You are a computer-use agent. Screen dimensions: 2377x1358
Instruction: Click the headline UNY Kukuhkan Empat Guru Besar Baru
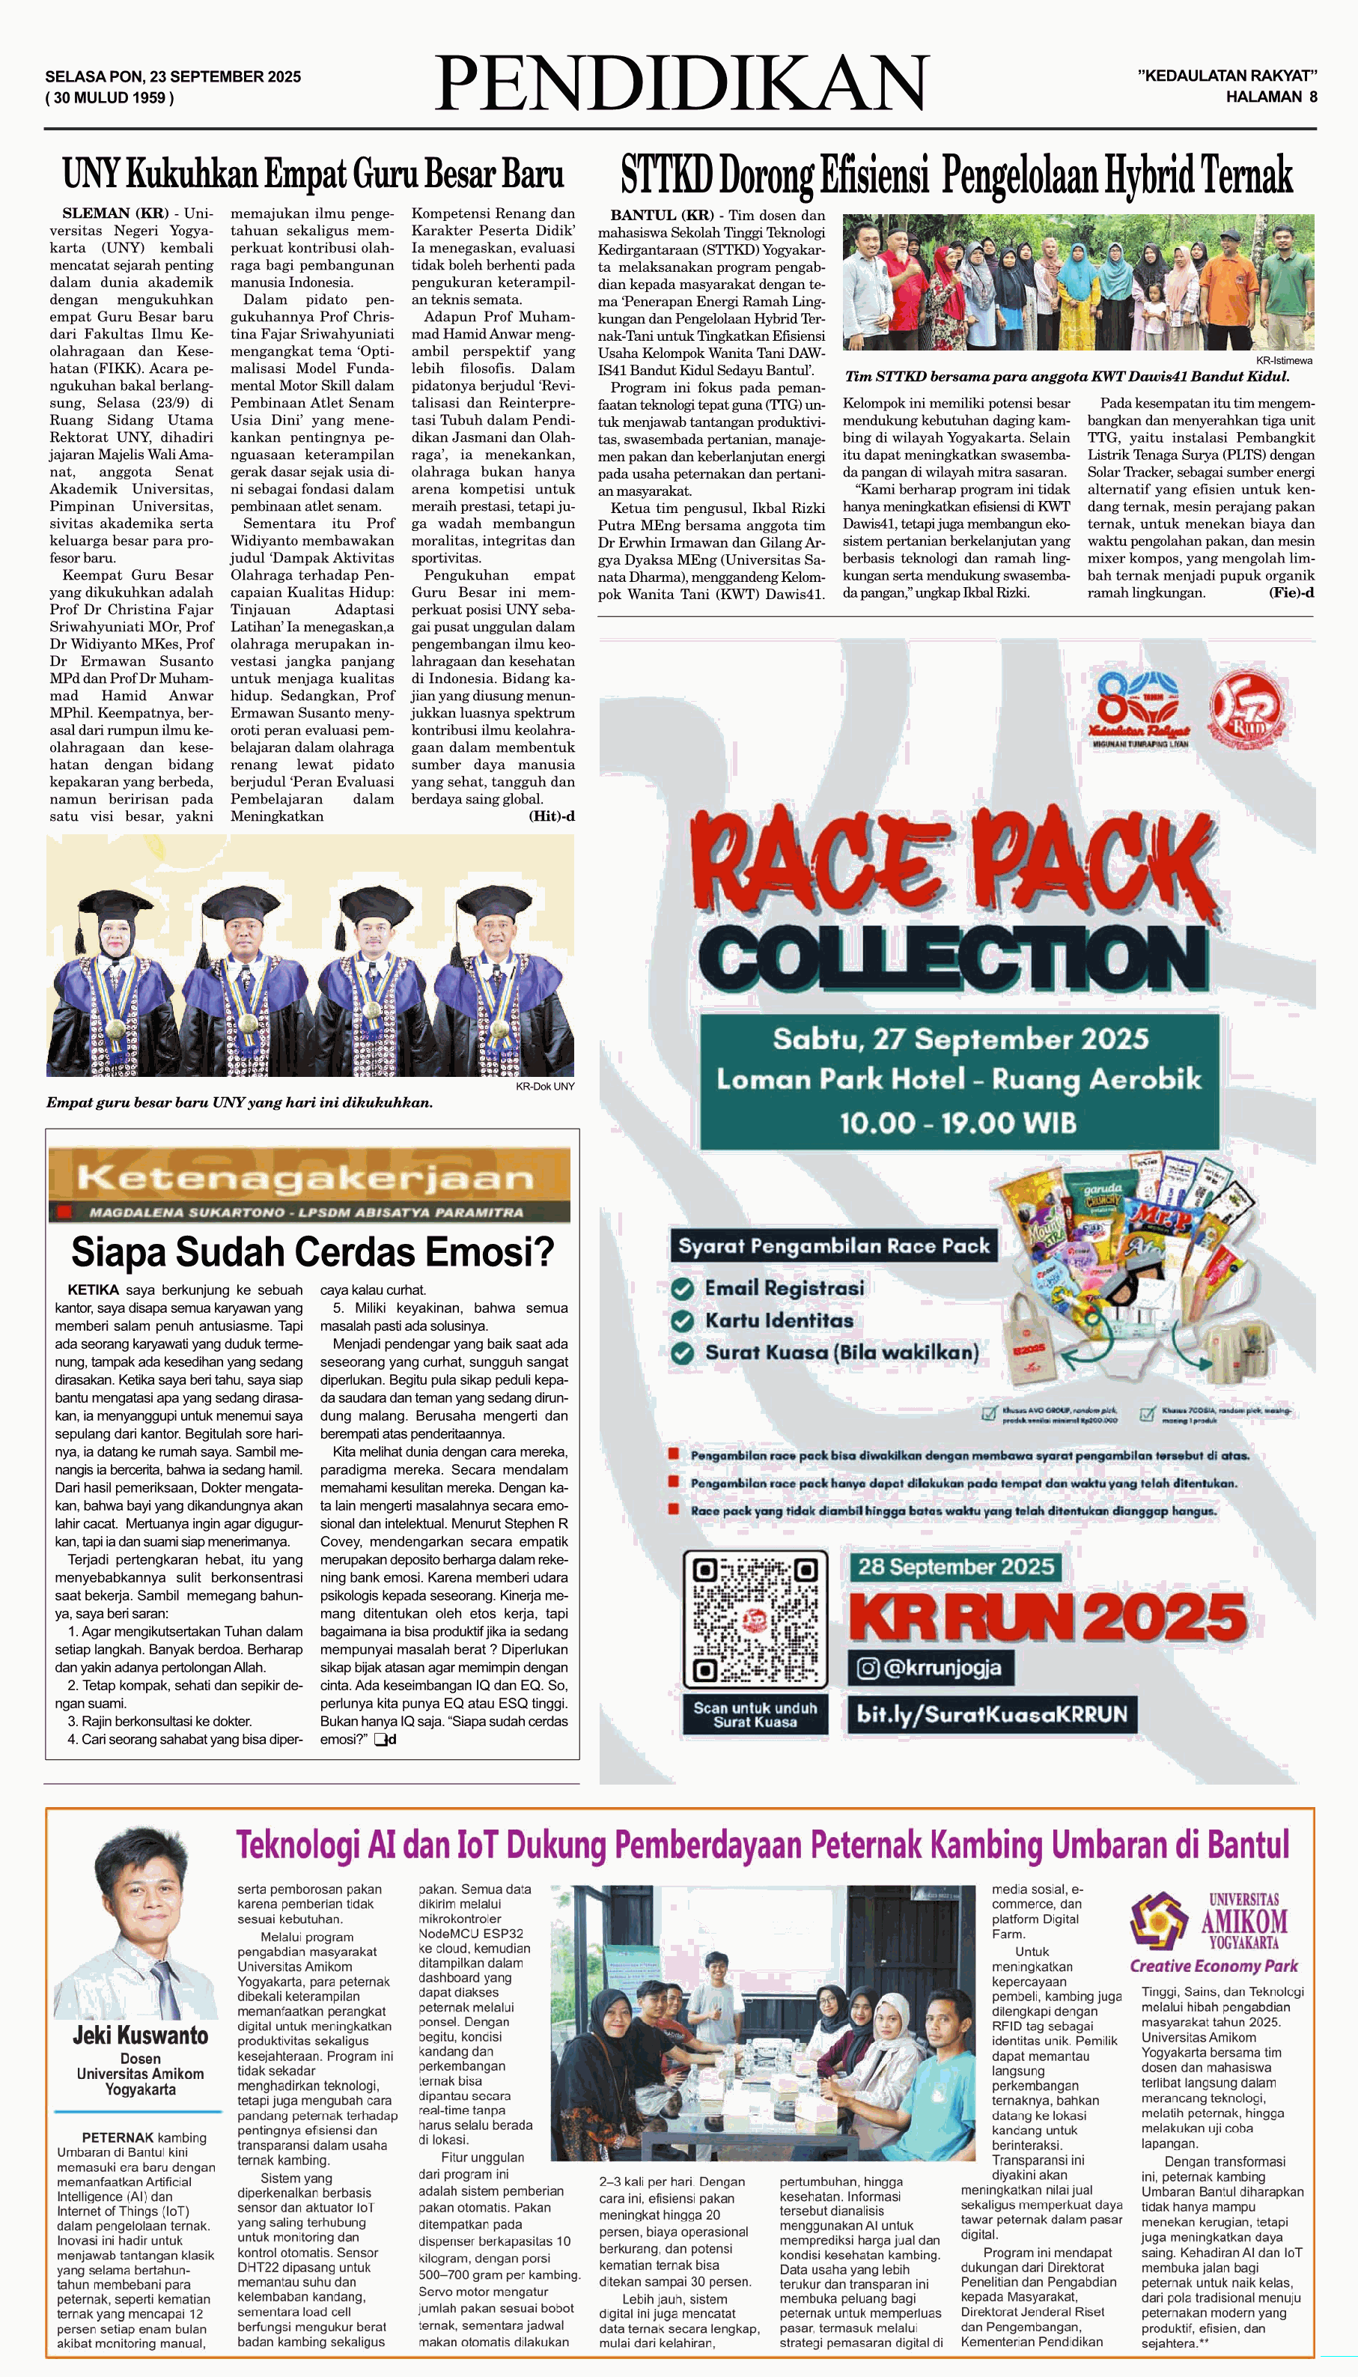312,174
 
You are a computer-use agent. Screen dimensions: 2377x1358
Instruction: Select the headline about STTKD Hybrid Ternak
956,174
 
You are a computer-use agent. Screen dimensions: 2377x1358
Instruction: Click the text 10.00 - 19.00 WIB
958,1123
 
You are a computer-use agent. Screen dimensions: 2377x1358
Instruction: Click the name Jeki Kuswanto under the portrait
140,2035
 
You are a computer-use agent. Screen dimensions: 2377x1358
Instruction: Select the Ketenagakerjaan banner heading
308,1178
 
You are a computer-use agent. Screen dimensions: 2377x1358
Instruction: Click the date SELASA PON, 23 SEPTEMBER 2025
172,76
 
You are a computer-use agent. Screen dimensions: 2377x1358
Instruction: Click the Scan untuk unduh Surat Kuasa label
755,1715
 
